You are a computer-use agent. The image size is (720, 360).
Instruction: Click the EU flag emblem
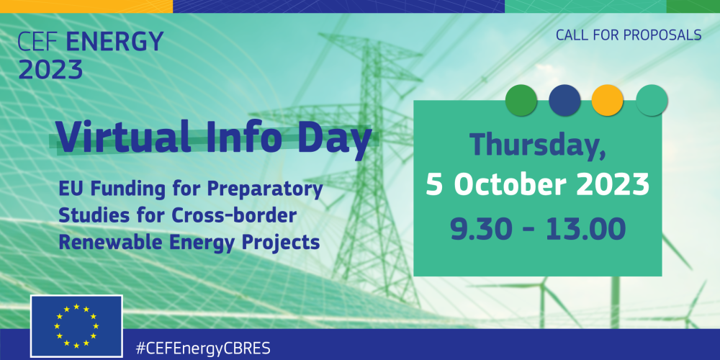(x=76, y=326)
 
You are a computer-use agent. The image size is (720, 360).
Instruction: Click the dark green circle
(x=521, y=100)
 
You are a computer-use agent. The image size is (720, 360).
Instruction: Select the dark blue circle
(x=564, y=100)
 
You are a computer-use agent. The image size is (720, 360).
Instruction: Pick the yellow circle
(x=608, y=100)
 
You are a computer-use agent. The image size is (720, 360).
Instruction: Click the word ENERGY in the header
(x=114, y=42)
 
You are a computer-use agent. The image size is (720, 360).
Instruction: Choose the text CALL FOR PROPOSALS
(x=629, y=35)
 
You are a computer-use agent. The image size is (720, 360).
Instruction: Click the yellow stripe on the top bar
(x=86, y=6)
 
